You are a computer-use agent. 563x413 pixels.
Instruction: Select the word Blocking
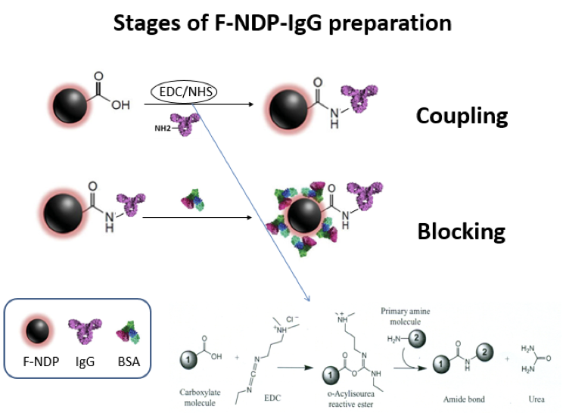461,231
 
